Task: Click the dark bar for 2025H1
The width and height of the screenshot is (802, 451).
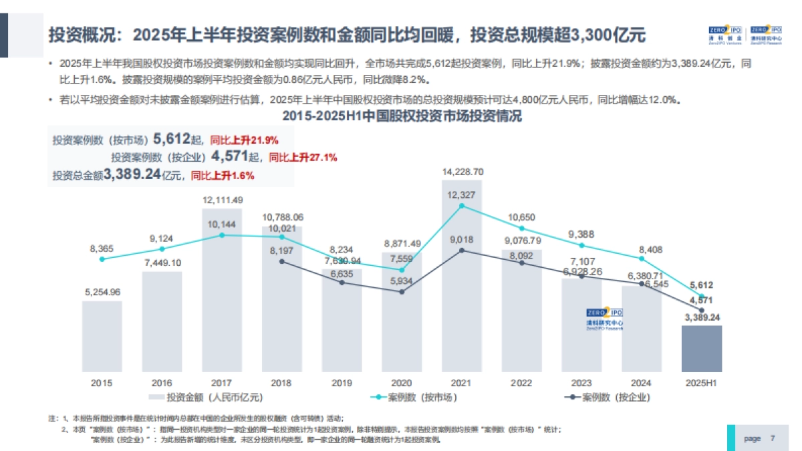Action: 701,348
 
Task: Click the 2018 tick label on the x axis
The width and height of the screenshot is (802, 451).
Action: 281,383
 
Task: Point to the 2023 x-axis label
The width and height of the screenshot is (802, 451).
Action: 581,383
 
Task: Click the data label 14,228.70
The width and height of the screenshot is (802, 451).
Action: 462,172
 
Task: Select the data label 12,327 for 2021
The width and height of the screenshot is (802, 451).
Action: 462,194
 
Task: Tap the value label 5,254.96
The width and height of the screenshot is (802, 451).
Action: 102,292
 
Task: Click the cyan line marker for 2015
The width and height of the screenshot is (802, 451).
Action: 102,259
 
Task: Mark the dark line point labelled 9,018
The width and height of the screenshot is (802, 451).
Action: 462,251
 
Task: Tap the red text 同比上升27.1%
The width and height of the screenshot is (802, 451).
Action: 303,158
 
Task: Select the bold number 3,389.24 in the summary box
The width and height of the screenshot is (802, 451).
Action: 132,175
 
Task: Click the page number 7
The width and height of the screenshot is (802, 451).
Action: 773,438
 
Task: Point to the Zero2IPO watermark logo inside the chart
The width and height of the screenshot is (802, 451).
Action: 604,319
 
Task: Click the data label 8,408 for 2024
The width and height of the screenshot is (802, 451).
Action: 642,248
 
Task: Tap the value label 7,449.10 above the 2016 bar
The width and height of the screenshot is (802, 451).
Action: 162,263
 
